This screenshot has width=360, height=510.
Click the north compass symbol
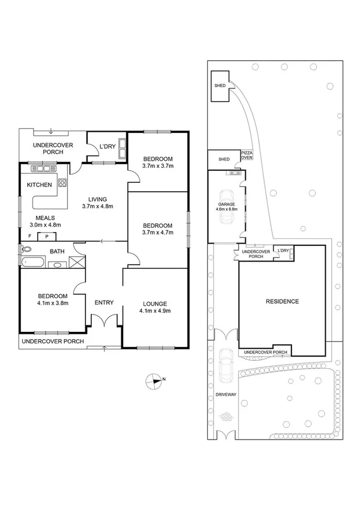pos(155,379)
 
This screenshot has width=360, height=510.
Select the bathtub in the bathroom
pos(33,262)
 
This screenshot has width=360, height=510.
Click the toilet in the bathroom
pos(26,249)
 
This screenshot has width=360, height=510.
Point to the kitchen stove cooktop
pos(62,184)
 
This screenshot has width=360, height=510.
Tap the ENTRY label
pos(104,303)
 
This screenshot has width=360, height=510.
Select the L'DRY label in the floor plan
pos(107,147)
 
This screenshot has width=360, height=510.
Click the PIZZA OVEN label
pos(246,156)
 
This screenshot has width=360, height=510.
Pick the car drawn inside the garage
pos(227,206)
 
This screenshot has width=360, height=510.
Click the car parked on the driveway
pos(227,365)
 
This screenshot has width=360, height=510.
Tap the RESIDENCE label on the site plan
pos(282,301)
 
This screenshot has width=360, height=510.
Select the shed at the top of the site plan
pos(220,86)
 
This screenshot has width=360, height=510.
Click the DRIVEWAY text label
pos(227,395)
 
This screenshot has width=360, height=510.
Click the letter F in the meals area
pos(29,236)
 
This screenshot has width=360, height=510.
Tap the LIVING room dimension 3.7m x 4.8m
pos(97,206)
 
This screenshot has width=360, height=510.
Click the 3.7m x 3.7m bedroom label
pos(157,165)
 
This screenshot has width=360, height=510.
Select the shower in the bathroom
pos(76,261)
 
